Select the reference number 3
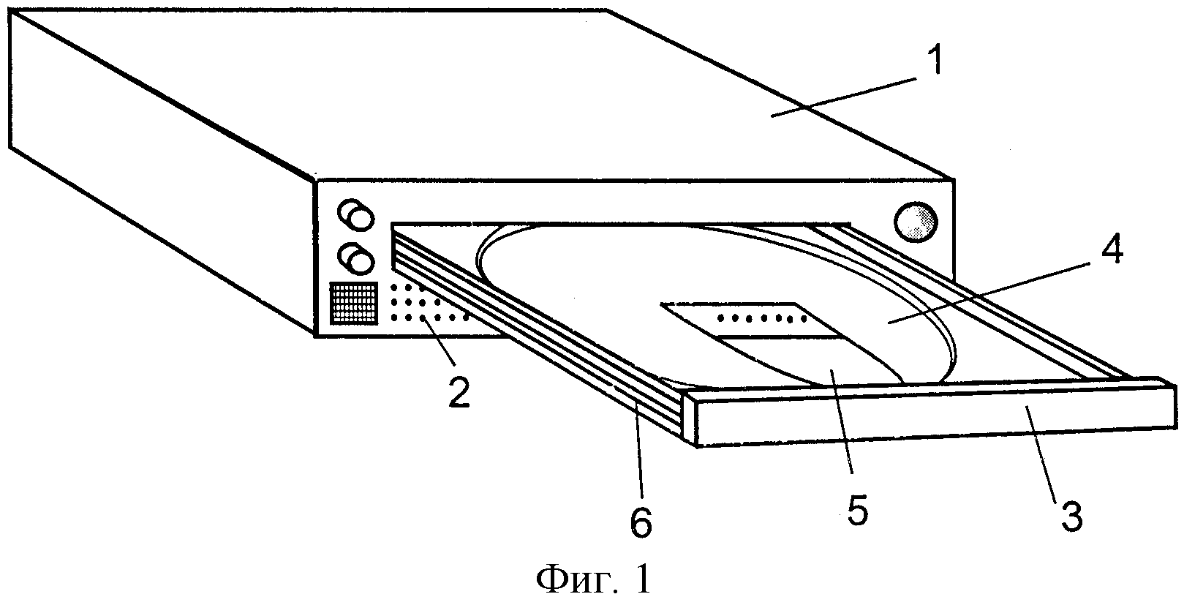tap(1071, 515)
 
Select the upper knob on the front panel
tap(355, 214)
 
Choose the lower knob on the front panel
tap(355, 258)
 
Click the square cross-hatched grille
tap(354, 303)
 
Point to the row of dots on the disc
tap(761, 318)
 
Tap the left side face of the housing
tap(161, 175)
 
